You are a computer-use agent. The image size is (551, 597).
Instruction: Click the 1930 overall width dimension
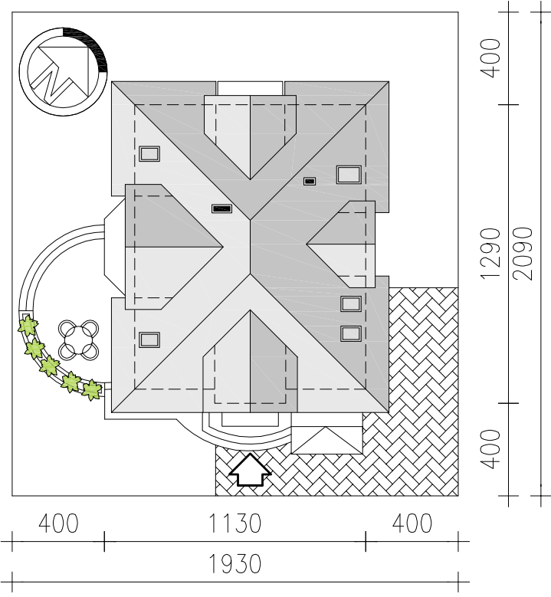(235, 564)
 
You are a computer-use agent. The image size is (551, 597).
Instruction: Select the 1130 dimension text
(235, 523)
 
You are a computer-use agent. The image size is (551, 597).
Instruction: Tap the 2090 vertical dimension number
(523, 254)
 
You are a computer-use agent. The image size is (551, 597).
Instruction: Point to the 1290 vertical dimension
(490, 254)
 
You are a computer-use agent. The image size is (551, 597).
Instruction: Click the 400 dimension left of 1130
(58, 523)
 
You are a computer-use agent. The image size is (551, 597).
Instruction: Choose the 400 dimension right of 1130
(412, 523)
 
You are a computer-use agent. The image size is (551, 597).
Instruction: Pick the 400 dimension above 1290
(490, 58)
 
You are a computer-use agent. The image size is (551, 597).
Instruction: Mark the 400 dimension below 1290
(490, 449)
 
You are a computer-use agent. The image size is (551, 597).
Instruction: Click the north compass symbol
(64, 71)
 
